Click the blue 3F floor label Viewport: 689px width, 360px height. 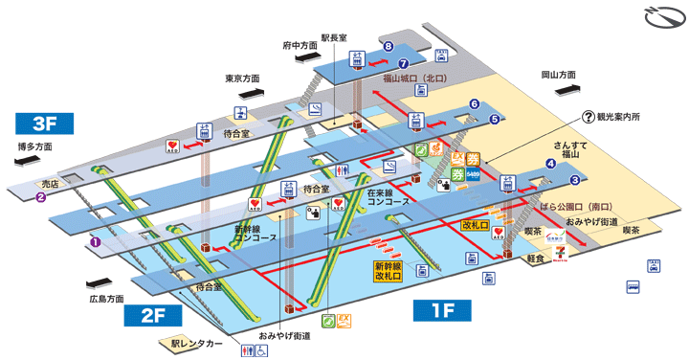[45, 123]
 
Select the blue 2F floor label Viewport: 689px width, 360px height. [162, 315]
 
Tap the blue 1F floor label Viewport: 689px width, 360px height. [439, 309]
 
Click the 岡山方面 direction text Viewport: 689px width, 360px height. [559, 74]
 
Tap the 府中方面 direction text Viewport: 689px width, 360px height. [300, 45]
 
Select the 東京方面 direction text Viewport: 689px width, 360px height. [243, 79]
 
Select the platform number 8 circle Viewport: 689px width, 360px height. [389, 46]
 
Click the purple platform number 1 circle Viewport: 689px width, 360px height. [95, 242]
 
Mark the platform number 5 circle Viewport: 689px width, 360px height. [494, 120]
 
